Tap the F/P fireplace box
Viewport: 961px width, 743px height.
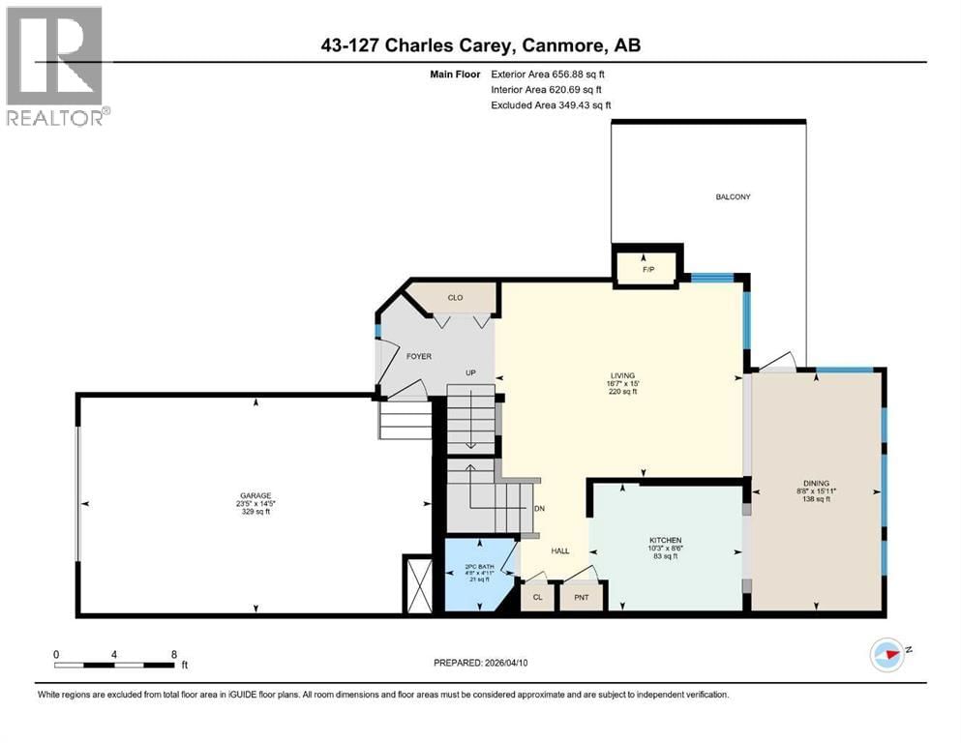click(x=648, y=268)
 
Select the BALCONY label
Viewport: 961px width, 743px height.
click(x=733, y=196)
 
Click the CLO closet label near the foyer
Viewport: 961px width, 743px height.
click(x=455, y=298)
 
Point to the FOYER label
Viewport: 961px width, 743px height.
click(x=418, y=356)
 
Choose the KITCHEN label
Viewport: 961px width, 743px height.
click(x=665, y=540)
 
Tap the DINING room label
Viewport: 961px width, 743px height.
click(x=816, y=483)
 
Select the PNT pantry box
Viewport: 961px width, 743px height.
click(x=582, y=597)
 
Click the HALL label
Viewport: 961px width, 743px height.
click(x=560, y=550)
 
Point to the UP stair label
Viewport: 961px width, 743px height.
click(x=471, y=372)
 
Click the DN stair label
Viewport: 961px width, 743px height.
click(x=539, y=510)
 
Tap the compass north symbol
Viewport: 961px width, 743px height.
click(x=887, y=654)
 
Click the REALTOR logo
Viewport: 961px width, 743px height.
click(x=56, y=65)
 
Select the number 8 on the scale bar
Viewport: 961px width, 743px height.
click(x=172, y=654)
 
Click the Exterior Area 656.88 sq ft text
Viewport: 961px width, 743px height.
click(x=551, y=73)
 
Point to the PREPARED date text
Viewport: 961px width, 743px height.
click(x=481, y=663)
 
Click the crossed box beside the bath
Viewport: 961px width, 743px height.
click(x=419, y=584)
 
